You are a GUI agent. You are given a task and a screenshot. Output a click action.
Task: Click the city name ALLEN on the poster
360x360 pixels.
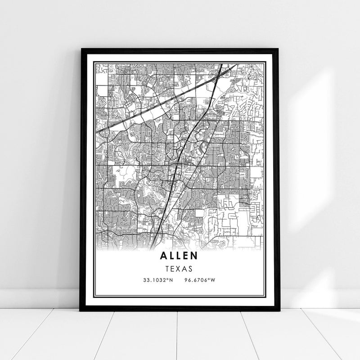coord(178,256)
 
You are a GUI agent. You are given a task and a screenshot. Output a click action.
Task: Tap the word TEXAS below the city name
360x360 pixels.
coord(179,268)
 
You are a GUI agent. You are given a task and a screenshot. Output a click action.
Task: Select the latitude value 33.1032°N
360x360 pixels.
coord(157,280)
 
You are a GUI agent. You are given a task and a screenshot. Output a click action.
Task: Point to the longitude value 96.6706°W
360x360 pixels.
coord(200,280)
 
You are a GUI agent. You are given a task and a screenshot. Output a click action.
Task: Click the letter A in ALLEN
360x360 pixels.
coord(163,256)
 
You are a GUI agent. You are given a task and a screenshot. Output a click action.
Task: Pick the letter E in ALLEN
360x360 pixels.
coord(186,256)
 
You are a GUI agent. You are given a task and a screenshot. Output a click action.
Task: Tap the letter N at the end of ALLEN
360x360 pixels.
coord(194,256)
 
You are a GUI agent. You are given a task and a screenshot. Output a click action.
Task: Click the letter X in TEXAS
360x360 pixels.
coord(179,268)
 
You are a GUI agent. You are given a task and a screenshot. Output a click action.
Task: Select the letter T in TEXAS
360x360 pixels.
coord(167,268)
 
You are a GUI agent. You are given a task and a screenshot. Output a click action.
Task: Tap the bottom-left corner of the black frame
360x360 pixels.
coord(81,310)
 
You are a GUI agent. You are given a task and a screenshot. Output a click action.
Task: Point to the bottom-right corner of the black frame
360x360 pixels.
coord(279,310)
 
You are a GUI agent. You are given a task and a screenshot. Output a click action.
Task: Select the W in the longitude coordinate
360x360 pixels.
coord(213,280)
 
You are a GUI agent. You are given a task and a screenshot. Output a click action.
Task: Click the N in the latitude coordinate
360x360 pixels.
coord(171,280)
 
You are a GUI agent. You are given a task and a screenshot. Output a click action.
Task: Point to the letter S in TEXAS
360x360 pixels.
coord(190,268)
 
